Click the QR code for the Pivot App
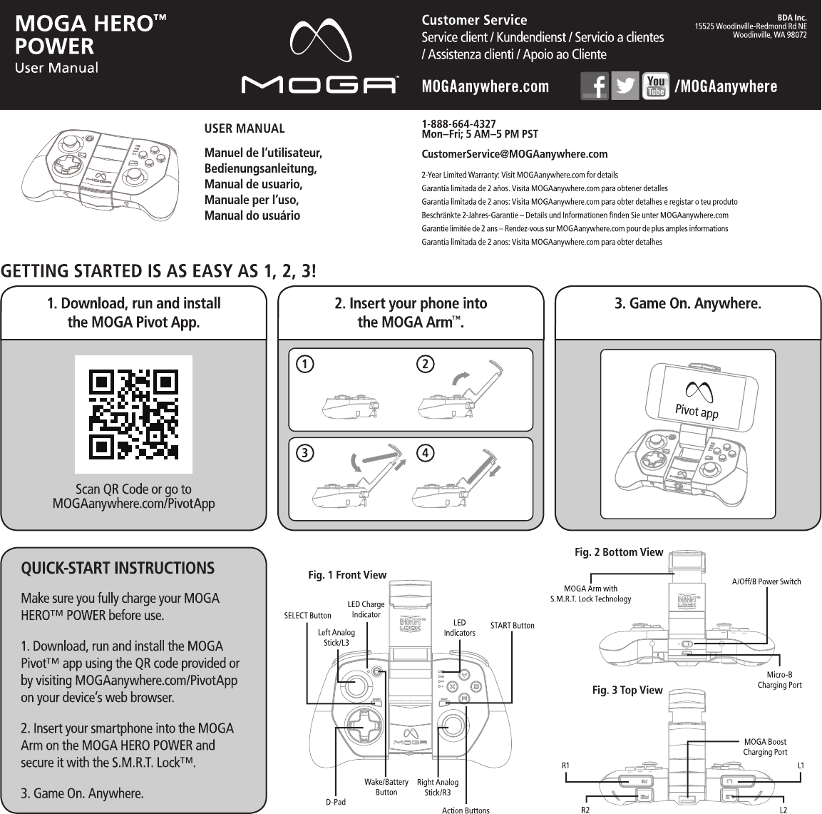(x=133, y=414)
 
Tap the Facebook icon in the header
(x=595, y=86)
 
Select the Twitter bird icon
(x=625, y=86)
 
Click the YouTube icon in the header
(x=655, y=86)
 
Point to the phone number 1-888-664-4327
(x=459, y=124)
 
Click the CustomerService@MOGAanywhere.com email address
(x=515, y=154)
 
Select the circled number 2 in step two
(x=426, y=364)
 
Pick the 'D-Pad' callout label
(x=336, y=802)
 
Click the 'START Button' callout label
(x=512, y=626)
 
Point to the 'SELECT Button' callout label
(x=308, y=615)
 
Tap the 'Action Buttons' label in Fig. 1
(x=466, y=810)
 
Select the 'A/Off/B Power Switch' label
(x=766, y=581)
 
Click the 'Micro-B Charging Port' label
(x=779, y=680)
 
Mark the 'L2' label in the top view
(x=783, y=810)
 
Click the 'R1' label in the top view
(x=565, y=765)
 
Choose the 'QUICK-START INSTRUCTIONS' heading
(x=118, y=569)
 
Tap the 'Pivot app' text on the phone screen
(x=697, y=412)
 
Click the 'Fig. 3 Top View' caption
(x=627, y=690)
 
